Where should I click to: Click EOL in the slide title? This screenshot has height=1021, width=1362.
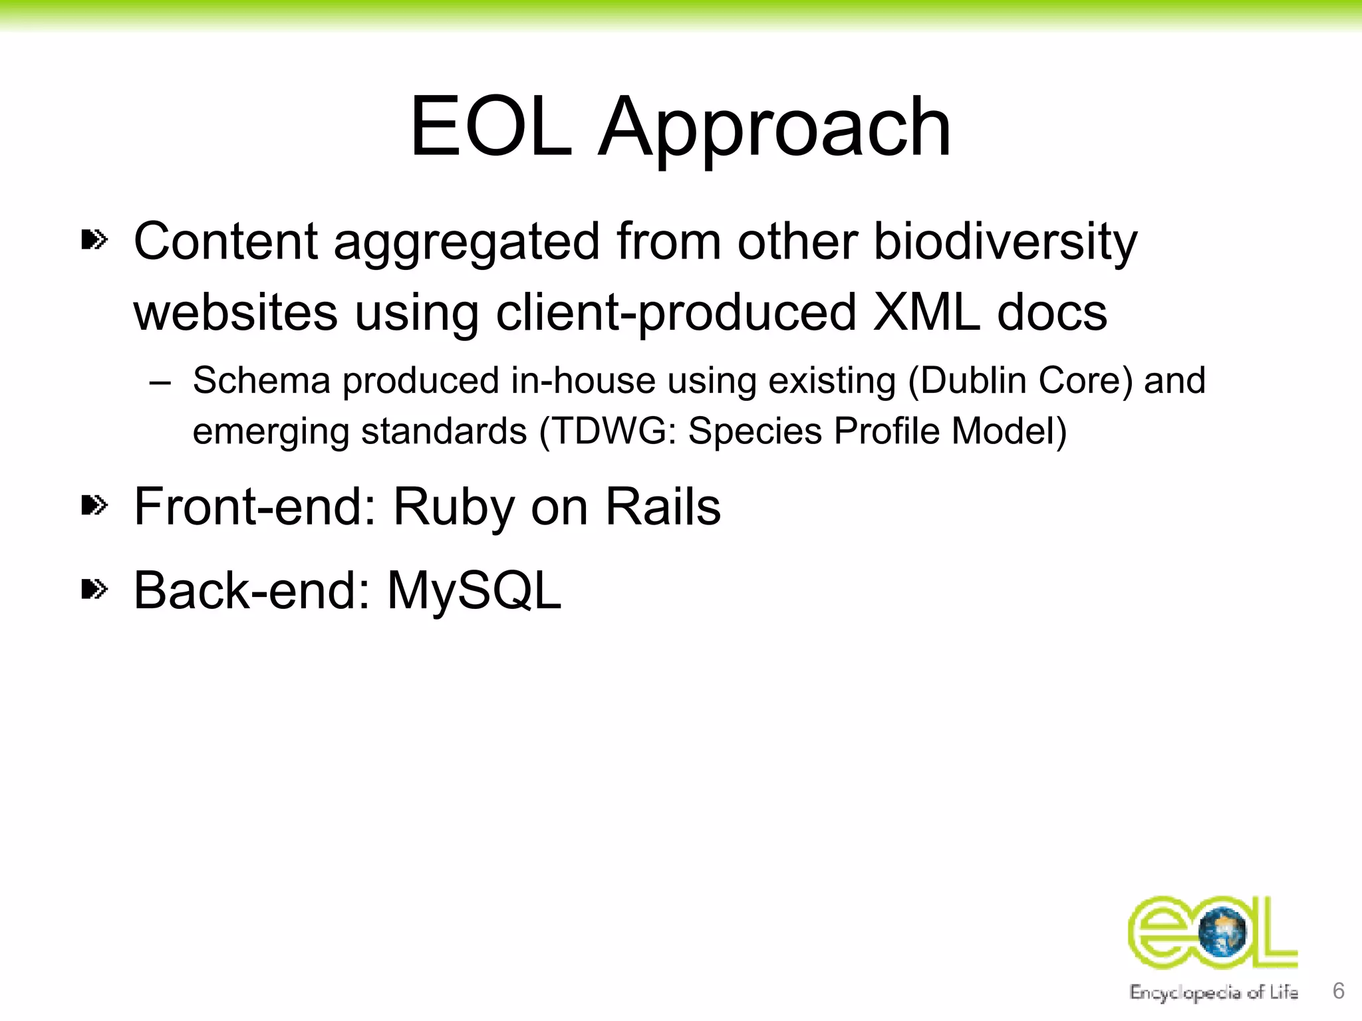[x=491, y=128]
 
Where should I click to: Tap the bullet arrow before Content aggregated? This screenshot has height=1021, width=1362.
[x=94, y=239]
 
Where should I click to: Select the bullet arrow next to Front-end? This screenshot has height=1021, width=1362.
[x=94, y=506]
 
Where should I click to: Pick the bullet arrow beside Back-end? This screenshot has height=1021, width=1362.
[x=94, y=589]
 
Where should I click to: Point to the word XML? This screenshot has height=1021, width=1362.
[x=926, y=312]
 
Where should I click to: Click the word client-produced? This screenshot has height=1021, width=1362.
[x=676, y=312]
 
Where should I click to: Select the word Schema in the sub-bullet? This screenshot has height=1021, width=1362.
[x=261, y=381]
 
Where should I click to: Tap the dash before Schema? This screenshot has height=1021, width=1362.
[x=160, y=384]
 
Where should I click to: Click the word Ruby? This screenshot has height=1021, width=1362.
[x=454, y=507]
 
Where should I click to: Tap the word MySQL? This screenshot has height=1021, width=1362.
[x=474, y=590]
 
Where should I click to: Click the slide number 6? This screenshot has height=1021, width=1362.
[x=1339, y=990]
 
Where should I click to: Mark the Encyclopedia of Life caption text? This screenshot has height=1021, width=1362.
[x=1214, y=992]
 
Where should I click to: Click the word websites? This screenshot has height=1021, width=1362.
[x=235, y=312]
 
